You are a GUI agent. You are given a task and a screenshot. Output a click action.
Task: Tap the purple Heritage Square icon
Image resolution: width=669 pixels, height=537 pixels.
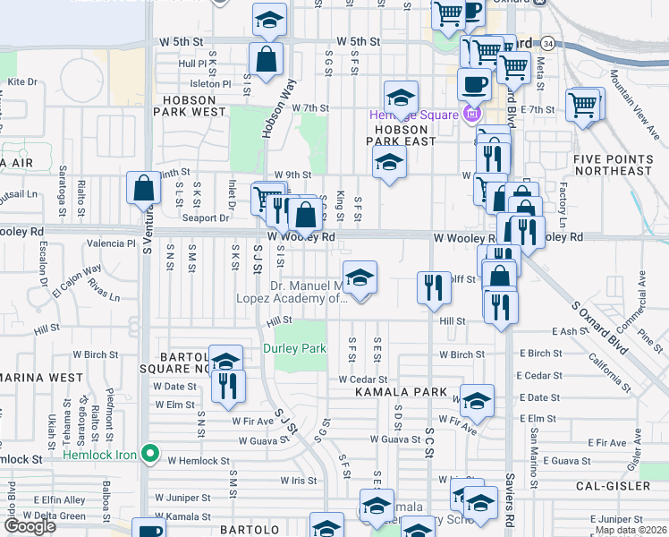(x=471, y=114)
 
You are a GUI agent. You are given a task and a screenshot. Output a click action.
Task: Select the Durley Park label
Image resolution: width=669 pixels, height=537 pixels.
(x=294, y=347)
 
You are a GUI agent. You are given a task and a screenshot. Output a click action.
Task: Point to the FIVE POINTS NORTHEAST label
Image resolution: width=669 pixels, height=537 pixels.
(x=613, y=165)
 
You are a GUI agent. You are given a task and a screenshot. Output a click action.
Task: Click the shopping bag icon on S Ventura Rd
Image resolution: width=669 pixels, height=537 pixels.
(x=144, y=189)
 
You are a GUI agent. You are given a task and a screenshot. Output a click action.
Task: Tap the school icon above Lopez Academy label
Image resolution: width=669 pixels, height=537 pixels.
(x=359, y=277)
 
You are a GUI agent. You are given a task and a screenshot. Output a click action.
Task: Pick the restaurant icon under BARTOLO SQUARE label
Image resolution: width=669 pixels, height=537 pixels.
(x=227, y=385)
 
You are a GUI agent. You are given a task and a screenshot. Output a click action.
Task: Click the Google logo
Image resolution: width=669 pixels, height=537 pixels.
(x=30, y=525)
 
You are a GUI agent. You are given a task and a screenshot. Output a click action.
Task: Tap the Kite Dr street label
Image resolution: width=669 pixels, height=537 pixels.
(x=21, y=81)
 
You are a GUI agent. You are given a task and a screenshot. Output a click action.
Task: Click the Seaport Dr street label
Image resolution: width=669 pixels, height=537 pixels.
(x=206, y=217)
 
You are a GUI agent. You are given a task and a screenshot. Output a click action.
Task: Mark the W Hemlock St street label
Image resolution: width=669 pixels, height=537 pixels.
(x=199, y=461)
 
